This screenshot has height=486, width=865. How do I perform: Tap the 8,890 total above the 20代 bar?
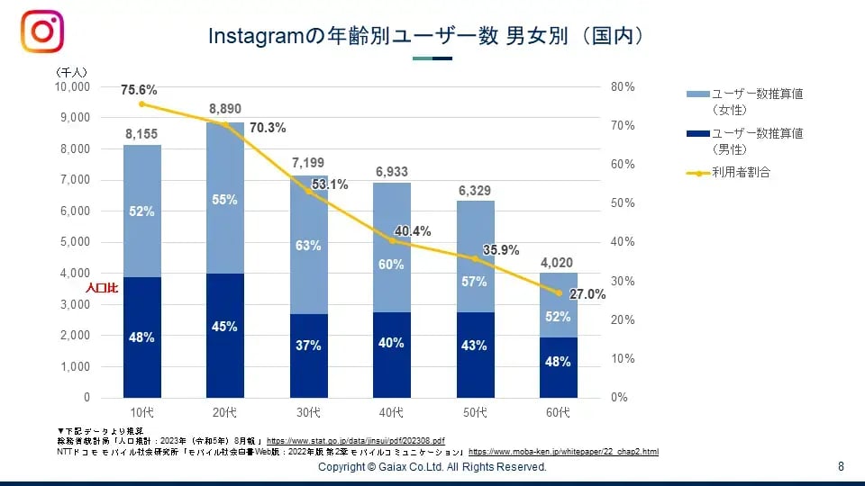225,109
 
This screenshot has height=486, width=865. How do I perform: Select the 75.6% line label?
140,90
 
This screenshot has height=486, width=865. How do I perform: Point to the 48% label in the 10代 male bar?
141,337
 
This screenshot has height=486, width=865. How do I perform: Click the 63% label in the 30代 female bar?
308,246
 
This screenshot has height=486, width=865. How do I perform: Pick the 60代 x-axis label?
558,412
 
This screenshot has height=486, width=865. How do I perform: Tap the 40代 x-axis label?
391,412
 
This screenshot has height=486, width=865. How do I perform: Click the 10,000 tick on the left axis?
73,86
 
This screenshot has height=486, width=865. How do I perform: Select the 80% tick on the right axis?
623,86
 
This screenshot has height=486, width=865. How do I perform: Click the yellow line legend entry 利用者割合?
741,172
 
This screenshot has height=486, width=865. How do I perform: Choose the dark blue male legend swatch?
697,134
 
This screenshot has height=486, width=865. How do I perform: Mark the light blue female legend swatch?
697,94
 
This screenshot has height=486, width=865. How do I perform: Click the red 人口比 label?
102,290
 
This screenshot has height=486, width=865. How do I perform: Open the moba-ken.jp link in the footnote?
563,451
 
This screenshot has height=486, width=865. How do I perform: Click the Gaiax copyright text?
432,467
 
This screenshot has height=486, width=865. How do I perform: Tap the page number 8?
841,466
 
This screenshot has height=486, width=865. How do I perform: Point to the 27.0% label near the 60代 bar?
587,293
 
